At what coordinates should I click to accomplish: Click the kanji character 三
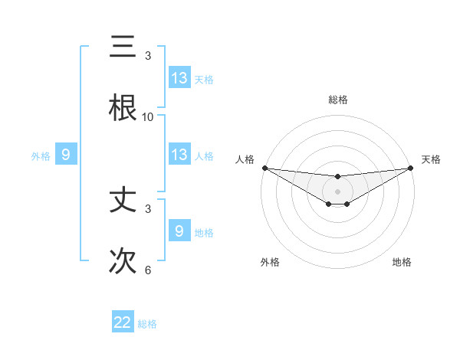(123, 47)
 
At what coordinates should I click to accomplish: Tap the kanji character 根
(123, 109)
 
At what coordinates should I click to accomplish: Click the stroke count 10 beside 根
(148, 117)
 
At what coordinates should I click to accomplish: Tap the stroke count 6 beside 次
(148, 270)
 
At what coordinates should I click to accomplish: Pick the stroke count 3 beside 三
(148, 56)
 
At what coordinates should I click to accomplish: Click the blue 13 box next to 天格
(179, 78)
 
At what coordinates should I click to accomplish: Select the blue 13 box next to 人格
(179, 155)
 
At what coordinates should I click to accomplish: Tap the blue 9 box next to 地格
(179, 231)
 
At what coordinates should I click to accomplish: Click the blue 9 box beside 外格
(66, 155)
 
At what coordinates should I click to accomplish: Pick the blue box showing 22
(123, 322)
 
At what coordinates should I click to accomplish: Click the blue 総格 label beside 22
(147, 324)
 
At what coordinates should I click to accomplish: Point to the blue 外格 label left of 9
(41, 156)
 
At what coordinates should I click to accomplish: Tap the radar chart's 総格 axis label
(338, 100)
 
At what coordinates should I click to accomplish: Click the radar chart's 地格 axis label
(402, 263)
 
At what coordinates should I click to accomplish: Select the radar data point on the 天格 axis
(411, 168)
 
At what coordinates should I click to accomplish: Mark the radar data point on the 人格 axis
(264, 168)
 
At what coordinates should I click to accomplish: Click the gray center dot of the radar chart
(338, 191)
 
